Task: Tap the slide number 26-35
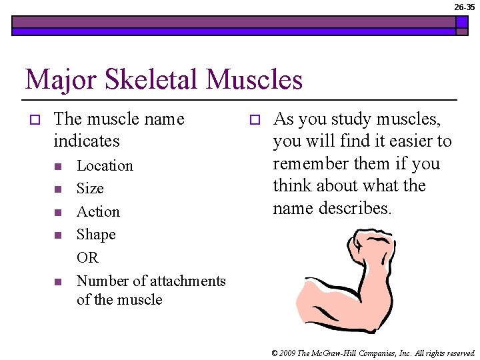(x=464, y=7)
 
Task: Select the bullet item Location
(x=105, y=165)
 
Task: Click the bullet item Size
(x=90, y=189)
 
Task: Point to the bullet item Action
(x=98, y=212)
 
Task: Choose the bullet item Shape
(x=96, y=235)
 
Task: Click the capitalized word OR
(x=87, y=257)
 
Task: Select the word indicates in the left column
(x=87, y=141)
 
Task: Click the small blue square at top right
(x=461, y=22)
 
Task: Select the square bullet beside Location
(x=58, y=166)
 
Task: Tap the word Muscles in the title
(x=255, y=80)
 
